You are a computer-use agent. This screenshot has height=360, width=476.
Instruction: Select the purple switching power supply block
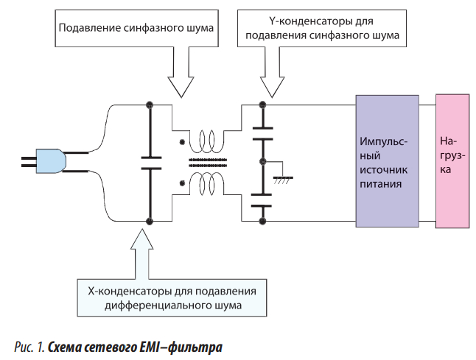(x=386, y=161)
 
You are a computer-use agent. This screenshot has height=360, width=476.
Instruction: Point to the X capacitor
(x=150, y=162)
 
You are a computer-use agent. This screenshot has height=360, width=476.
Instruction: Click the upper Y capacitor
(x=262, y=133)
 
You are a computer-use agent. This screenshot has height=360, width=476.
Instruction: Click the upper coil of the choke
(x=204, y=139)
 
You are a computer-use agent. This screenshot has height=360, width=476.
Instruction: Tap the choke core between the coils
(x=205, y=161)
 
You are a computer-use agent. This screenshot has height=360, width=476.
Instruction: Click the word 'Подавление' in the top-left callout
(x=89, y=29)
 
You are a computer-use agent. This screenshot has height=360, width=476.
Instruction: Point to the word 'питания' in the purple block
(x=381, y=185)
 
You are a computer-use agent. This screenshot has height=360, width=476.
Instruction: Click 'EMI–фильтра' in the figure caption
(x=187, y=345)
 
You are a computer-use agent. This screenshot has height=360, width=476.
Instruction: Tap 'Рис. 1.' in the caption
(x=32, y=345)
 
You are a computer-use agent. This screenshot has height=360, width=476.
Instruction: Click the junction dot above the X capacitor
(x=150, y=105)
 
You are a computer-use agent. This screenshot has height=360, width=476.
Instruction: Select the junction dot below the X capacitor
(x=150, y=220)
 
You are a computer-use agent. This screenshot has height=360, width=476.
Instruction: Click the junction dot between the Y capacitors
(x=262, y=161)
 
